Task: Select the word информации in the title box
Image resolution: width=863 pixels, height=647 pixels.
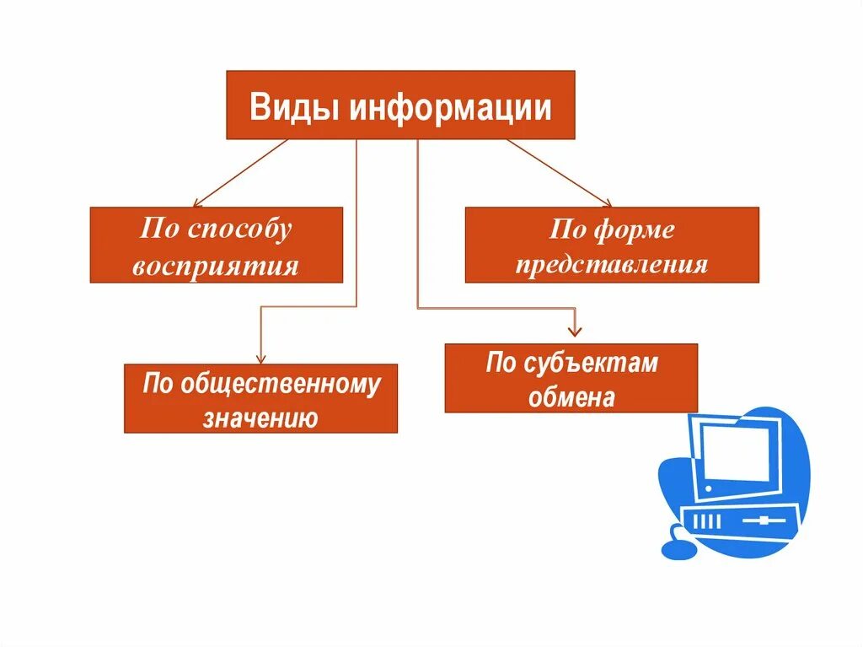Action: pos(451,108)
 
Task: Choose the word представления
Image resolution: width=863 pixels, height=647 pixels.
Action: pos(612,264)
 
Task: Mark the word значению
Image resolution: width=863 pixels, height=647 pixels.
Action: pos(260,417)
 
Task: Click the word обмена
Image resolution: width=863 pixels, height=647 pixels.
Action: pos(571,396)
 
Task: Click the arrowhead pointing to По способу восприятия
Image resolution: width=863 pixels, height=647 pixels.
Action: pos(196,203)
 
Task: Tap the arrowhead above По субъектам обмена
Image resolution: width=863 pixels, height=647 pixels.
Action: pos(576,332)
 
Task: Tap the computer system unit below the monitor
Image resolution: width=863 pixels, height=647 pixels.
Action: pos(742,520)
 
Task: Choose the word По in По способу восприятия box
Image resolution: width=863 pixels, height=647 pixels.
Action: pos(157,229)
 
